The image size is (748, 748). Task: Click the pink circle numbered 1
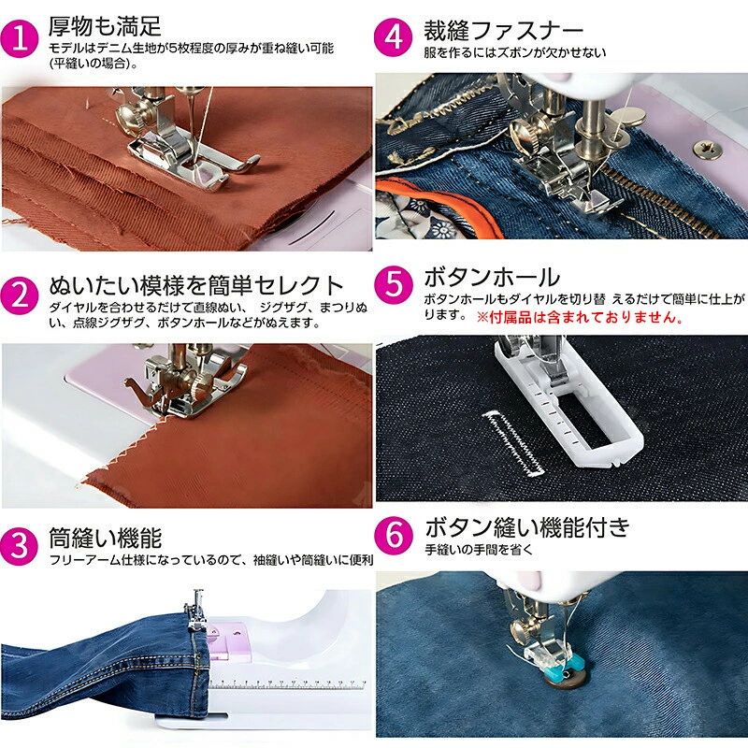(x=19, y=39)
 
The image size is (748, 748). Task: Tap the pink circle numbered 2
(x=19, y=295)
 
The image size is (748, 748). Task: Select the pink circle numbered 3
(x=19, y=546)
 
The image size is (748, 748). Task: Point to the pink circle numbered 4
(x=393, y=37)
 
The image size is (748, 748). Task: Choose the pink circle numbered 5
(x=394, y=285)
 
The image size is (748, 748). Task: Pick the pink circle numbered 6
(x=394, y=535)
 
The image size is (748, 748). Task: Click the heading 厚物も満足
(x=105, y=26)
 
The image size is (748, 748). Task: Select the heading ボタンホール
(x=492, y=277)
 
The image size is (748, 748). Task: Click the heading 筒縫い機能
(x=106, y=539)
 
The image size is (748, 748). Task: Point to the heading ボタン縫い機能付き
(x=527, y=527)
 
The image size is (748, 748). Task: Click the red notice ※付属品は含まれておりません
(x=580, y=317)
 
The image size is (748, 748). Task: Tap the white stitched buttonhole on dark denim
(x=512, y=443)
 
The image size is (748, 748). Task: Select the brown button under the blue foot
(x=566, y=677)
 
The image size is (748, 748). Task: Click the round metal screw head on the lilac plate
(x=707, y=150)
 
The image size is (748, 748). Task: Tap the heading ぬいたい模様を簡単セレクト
(x=196, y=285)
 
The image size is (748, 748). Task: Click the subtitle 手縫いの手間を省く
(x=479, y=550)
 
